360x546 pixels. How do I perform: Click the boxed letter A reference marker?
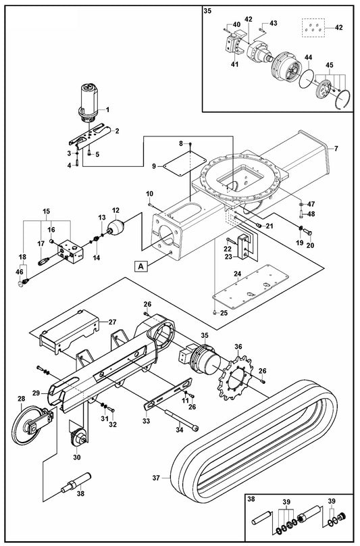[140, 266]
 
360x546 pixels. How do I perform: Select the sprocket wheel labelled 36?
[238, 378]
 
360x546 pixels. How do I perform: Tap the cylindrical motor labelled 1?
[88, 103]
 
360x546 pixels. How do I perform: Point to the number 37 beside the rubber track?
[156, 478]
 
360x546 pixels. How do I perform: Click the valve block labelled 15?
[71, 251]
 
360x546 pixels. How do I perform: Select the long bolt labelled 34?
[182, 420]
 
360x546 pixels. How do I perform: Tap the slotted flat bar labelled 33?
[168, 395]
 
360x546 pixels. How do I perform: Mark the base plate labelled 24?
[251, 287]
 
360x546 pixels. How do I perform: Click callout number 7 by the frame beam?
[336, 149]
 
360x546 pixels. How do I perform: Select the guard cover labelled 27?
[69, 332]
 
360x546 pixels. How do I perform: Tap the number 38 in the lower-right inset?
[251, 499]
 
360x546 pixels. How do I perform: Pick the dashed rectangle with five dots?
[313, 28]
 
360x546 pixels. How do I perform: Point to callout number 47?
[311, 204]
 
